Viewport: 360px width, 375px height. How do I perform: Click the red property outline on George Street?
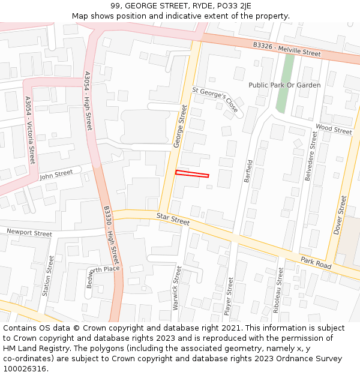click(x=192, y=174)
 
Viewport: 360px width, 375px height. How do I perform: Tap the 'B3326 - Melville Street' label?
click(x=287, y=49)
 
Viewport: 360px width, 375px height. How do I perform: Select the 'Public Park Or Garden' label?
click(x=284, y=85)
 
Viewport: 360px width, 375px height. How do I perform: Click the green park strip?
click(x=285, y=84)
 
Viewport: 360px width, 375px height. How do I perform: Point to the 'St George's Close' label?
click(x=215, y=99)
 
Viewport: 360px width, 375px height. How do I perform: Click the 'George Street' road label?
click(x=181, y=126)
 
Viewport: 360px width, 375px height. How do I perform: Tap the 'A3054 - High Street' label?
click(x=88, y=101)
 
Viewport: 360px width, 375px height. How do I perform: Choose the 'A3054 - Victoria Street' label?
click(x=29, y=130)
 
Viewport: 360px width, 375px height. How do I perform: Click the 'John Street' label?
click(x=56, y=175)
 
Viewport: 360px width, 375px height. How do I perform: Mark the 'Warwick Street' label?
click(x=176, y=287)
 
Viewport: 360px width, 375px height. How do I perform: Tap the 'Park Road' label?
click(x=316, y=263)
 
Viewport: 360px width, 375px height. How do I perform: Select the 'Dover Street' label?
click(x=340, y=215)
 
